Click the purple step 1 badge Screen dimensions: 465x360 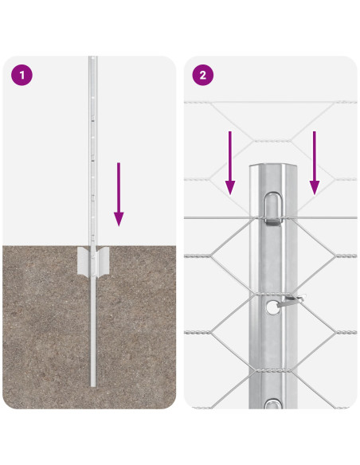pos(21,76)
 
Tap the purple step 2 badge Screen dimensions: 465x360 pos(202,76)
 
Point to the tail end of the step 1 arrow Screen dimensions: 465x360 pos(119,164)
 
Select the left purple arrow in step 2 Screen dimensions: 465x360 pos(230,163)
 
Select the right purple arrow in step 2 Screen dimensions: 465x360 pos(315,163)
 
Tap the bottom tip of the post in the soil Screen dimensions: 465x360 pos(93,386)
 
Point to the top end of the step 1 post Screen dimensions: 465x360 pos(92,59)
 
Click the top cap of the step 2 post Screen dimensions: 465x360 pos(272,169)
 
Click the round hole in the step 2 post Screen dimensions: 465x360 pos(272,306)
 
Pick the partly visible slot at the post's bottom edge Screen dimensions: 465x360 pos(272,405)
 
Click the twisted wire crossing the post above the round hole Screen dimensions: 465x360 pos(272,255)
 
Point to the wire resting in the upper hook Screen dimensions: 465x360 pos(272,218)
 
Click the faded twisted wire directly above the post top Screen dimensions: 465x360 pos(272,141)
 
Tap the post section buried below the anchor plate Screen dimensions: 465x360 pos(93,334)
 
